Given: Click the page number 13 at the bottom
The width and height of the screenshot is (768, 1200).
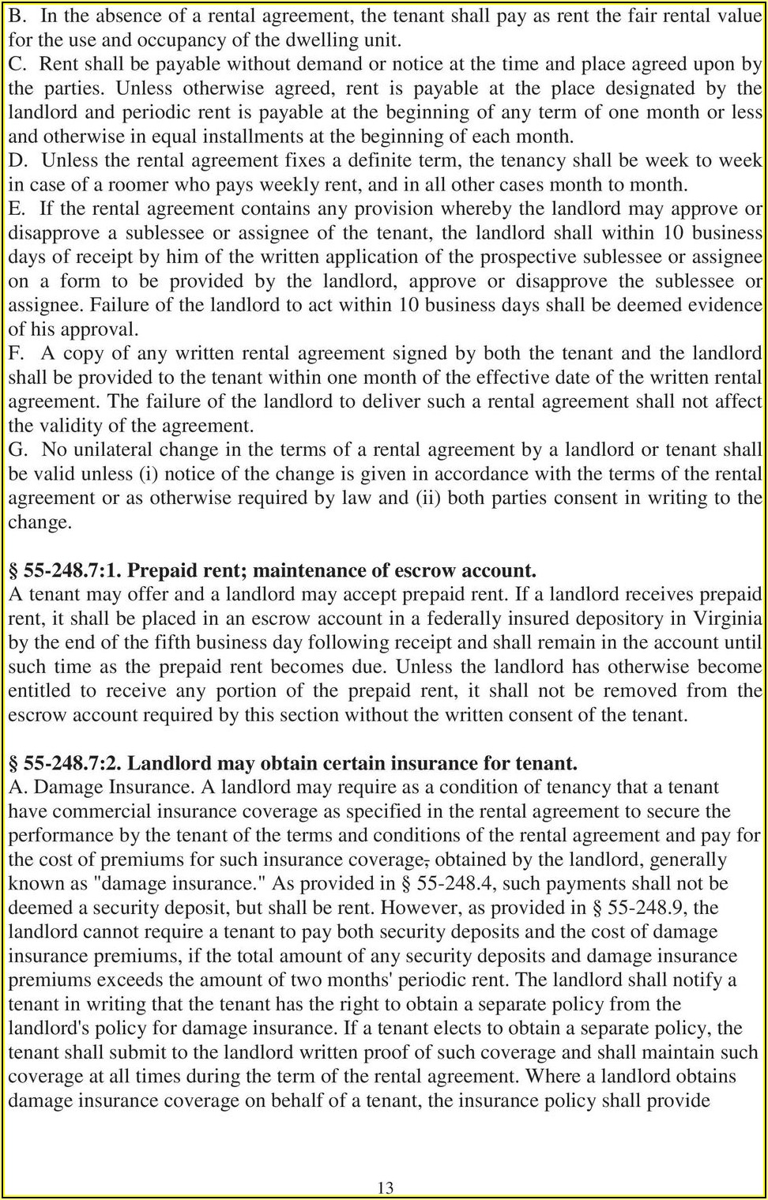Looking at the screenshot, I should (386, 1187).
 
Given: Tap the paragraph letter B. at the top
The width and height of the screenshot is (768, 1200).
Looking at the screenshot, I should (18, 15).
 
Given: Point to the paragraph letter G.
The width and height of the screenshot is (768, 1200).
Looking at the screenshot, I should (18, 450).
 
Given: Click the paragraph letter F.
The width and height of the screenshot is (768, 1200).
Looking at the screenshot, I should (17, 353).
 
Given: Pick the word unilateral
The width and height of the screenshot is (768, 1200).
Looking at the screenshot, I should (110, 450).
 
